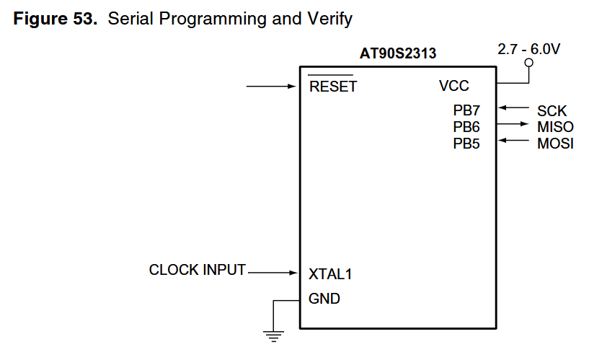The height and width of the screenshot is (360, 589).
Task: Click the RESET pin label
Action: [333, 87]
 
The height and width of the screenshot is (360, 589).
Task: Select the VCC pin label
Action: [453, 86]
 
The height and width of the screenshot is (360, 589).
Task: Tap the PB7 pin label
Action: [466, 110]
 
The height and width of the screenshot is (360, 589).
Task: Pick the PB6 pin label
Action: [466, 127]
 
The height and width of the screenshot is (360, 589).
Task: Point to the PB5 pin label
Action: [466, 144]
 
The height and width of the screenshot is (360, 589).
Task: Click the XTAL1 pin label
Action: [330, 274]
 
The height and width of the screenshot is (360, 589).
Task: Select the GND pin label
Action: [324, 299]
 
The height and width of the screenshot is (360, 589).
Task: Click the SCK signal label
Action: [552, 111]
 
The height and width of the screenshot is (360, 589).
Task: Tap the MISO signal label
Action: [555, 127]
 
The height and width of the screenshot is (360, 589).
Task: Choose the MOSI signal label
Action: [555, 144]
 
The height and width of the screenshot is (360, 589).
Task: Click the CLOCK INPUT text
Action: [198, 270]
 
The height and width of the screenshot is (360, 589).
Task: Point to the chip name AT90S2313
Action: [398, 53]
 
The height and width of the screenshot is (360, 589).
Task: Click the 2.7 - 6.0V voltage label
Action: [529, 49]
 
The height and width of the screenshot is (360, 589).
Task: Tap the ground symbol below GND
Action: [273, 336]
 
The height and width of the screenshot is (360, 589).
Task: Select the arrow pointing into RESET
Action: [271, 87]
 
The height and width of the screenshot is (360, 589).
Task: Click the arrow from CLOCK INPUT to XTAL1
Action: [273, 273]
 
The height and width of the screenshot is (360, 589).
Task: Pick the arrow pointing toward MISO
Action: [513, 124]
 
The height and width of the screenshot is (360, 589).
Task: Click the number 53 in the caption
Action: [83, 19]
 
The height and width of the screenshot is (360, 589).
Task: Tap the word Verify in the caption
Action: [329, 19]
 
